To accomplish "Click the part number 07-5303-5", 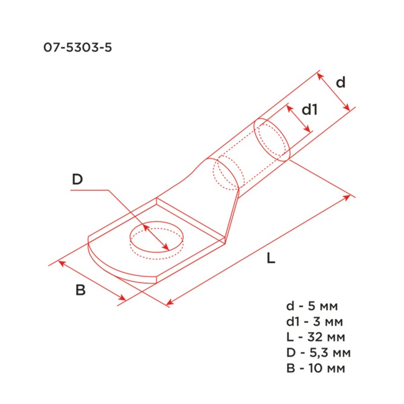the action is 77,48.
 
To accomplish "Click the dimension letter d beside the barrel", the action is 341,83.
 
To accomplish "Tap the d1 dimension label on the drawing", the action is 309,109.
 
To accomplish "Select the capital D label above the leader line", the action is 77,179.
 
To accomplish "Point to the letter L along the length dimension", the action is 271,258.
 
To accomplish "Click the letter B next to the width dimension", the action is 80,290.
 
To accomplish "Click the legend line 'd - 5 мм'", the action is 312,306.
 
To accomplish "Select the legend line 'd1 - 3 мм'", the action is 315,321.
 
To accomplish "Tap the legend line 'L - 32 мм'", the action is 316,337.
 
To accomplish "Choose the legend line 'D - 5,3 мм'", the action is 319,353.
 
